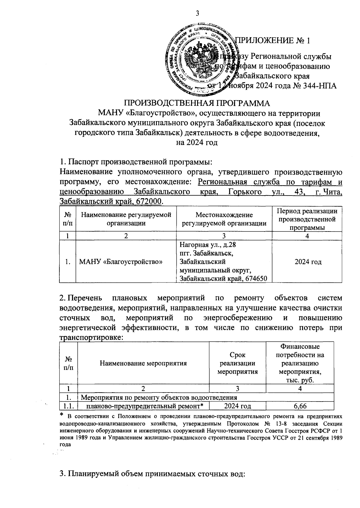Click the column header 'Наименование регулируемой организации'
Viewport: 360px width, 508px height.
(126, 219)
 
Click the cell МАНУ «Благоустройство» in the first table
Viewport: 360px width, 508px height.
(121, 262)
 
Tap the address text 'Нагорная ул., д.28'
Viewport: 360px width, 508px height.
(208, 245)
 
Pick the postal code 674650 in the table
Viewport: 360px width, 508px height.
(256, 279)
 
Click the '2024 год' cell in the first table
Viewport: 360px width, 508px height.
(308, 262)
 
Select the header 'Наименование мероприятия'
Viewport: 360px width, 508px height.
(143, 363)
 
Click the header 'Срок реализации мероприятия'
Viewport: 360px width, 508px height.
(237, 363)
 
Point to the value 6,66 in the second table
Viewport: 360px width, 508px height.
(300, 406)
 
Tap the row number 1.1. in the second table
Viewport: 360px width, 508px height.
(68, 406)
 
